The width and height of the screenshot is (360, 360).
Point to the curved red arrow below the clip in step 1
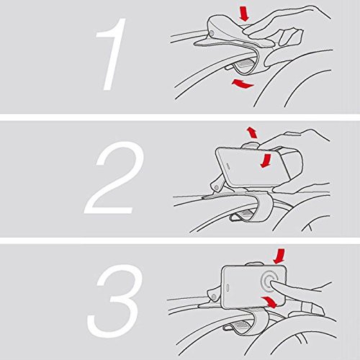point(243,84)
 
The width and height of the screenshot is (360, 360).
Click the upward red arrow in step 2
point(252,132)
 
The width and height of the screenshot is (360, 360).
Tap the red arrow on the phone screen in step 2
point(266,161)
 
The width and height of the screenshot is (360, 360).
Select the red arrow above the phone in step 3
point(279,256)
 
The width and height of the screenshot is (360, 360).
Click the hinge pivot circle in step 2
point(217,187)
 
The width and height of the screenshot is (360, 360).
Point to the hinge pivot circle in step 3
point(212,297)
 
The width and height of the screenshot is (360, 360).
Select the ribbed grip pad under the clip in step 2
point(245,212)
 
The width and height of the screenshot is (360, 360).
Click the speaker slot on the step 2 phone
point(227,166)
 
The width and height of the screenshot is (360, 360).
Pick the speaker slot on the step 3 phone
point(228,288)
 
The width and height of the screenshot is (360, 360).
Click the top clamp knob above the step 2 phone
point(250,145)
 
